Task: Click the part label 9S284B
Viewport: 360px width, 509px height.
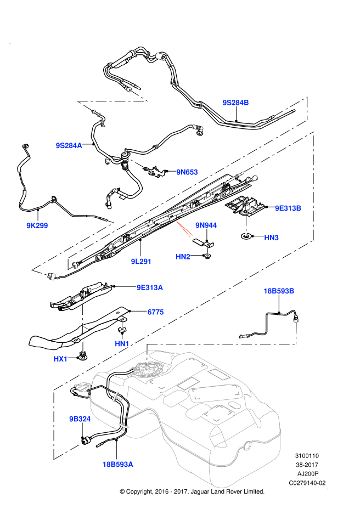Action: (x=235, y=103)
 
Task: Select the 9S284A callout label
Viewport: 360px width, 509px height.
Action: (x=69, y=145)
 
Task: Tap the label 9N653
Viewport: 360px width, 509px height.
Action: (x=187, y=172)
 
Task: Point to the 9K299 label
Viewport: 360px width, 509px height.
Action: (x=37, y=225)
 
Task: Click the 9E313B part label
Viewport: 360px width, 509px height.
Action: (x=288, y=208)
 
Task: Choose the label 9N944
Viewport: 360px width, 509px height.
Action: (x=206, y=225)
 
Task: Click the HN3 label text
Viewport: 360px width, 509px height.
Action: (x=271, y=237)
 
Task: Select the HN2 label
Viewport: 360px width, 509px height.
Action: (x=183, y=257)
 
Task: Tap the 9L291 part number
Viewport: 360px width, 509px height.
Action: (x=141, y=261)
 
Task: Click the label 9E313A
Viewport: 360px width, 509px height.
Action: (x=149, y=287)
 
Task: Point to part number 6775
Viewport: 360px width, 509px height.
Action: (x=156, y=312)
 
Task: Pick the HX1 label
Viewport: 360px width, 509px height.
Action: (x=60, y=359)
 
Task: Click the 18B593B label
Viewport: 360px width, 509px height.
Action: (x=279, y=291)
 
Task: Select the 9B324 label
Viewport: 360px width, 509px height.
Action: (x=80, y=418)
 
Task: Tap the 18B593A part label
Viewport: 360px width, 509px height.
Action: (x=118, y=464)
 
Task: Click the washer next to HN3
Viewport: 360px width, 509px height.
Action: (x=246, y=236)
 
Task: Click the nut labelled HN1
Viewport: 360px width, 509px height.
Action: (x=122, y=330)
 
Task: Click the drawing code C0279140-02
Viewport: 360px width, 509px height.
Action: (x=307, y=483)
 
